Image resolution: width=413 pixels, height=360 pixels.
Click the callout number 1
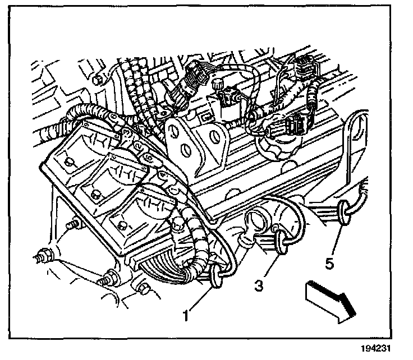coord(186,315)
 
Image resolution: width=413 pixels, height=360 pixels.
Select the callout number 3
coord(259,285)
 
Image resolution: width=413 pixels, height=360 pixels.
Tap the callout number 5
coord(329,263)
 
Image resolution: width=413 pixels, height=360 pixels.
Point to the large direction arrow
coord(331,302)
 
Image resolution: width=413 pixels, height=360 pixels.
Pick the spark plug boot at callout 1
coord(217,276)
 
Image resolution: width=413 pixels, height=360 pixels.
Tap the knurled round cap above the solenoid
coord(217,85)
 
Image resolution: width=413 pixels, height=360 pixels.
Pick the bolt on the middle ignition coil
coord(94,195)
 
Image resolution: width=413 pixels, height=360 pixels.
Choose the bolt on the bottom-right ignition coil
coord(121,225)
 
